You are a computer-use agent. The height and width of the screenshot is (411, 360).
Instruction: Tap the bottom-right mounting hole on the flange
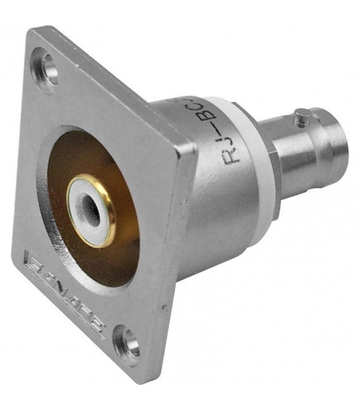(x=129, y=345)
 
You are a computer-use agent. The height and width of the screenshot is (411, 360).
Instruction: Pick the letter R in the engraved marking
(x=234, y=155)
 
